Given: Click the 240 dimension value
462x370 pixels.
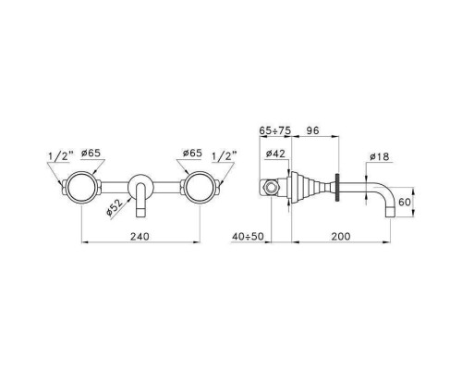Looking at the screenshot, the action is pyautogui.click(x=140, y=237).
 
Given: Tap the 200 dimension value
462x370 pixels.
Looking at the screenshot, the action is pyautogui.click(x=341, y=237).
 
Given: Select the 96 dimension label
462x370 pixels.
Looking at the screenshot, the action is pyautogui.click(x=312, y=130).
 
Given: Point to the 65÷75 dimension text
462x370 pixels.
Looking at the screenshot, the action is pyautogui.click(x=274, y=130).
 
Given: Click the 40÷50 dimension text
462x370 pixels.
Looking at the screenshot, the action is pyautogui.click(x=248, y=237).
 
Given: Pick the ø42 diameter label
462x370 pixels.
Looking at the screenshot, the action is pyautogui.click(x=275, y=154).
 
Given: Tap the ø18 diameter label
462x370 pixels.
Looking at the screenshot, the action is pyautogui.click(x=380, y=156).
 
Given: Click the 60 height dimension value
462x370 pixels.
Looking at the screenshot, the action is pyautogui.click(x=405, y=202).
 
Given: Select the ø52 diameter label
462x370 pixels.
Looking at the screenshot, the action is pyautogui.click(x=115, y=207).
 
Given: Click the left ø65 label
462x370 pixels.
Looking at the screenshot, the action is pyautogui.click(x=91, y=153).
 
